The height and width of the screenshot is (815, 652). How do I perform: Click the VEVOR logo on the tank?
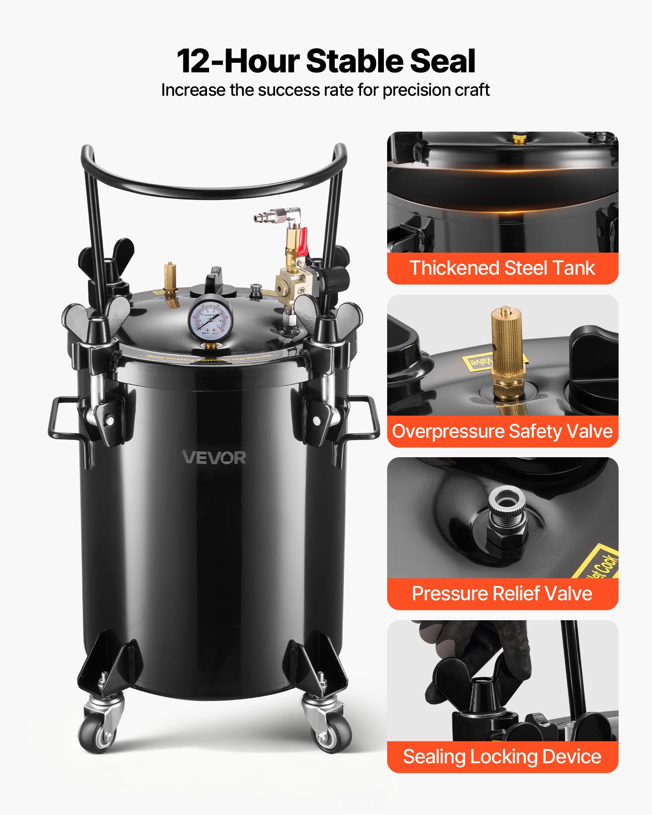click(214, 458)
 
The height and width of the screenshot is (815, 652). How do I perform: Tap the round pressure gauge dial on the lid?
click(210, 320)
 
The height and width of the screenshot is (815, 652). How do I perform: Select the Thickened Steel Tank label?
click(502, 268)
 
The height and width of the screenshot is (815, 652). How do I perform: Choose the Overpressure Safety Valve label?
click(502, 431)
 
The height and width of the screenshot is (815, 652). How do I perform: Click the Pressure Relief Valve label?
click(502, 593)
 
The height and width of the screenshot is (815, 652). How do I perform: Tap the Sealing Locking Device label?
click(502, 757)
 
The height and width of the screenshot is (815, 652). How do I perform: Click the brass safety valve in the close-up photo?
click(507, 350)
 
